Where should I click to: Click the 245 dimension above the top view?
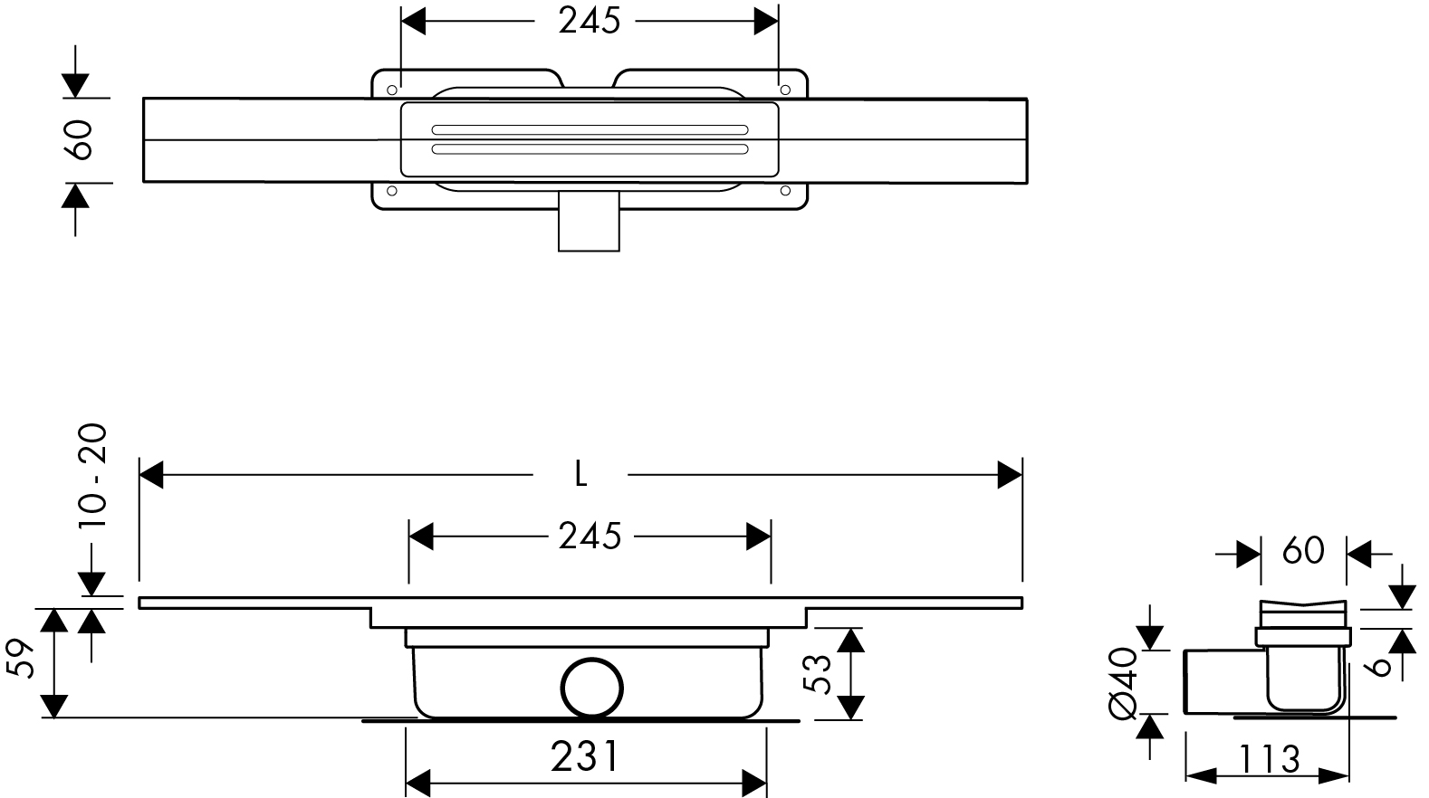[589, 22]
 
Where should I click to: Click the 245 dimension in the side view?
[590, 537]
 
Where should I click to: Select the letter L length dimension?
[580, 475]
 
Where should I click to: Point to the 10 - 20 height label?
[93, 476]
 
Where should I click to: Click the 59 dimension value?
[21, 659]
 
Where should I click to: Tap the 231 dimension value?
[584, 756]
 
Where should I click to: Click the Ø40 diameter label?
[1124, 682]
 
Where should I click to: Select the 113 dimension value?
[1269, 759]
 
